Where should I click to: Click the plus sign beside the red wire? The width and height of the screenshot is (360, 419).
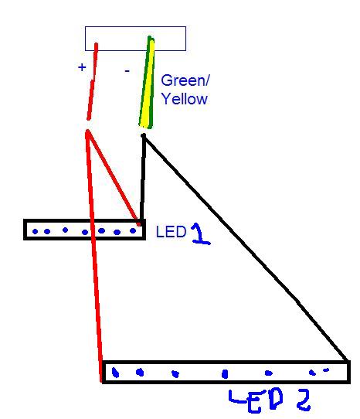click(x=82, y=66)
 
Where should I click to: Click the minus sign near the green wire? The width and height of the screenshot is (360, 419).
click(x=127, y=71)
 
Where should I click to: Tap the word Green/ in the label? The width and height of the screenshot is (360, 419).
click(x=185, y=80)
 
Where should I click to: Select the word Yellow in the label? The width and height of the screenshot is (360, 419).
click(x=185, y=99)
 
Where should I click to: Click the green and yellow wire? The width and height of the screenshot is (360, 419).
click(x=147, y=83)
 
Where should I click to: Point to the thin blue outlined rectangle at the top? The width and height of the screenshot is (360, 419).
click(x=135, y=27)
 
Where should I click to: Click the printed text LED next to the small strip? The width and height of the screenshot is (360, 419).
click(x=171, y=232)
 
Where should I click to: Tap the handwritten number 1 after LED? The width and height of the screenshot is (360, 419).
click(x=201, y=233)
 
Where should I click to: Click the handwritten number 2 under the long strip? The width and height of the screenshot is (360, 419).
click(x=304, y=400)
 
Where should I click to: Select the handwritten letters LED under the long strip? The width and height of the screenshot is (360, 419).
click(x=256, y=400)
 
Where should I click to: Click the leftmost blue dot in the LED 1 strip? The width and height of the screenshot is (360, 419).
click(x=35, y=231)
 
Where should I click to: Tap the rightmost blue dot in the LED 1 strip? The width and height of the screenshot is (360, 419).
click(x=133, y=230)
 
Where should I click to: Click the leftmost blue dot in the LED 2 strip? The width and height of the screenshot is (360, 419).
click(x=115, y=373)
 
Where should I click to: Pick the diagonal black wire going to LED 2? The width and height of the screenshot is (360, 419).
click(x=246, y=248)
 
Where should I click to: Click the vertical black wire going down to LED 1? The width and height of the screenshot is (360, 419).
click(x=143, y=179)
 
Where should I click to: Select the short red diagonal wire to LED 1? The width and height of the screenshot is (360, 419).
click(x=113, y=178)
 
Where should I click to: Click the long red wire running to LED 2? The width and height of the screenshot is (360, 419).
click(x=94, y=257)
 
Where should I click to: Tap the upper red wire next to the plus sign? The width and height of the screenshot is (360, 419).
click(x=93, y=81)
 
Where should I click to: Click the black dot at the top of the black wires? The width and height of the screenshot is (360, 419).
click(x=144, y=136)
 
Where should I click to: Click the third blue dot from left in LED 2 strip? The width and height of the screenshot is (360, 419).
click(x=175, y=373)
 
